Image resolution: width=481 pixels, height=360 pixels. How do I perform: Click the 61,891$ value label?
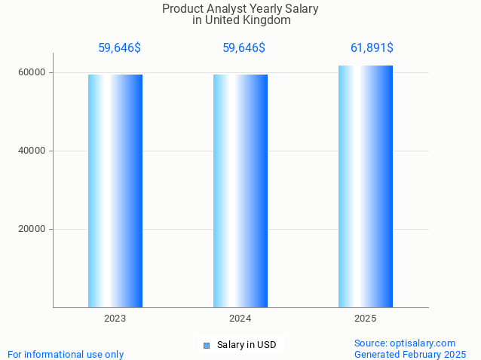pos(372,48)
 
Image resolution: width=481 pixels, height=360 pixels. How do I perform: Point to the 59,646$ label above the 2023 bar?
pos(119,48)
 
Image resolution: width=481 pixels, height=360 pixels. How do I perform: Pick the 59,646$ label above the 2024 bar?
pos(244,48)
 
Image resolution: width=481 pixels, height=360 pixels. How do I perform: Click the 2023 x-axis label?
pos(115,319)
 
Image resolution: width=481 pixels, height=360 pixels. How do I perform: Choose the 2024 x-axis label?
pos(240,319)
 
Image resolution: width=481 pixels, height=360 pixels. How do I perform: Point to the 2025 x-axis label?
pos(365,319)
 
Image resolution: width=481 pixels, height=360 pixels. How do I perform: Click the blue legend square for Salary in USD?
pos(206,346)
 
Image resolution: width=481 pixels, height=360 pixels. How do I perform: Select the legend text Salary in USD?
pos(247,346)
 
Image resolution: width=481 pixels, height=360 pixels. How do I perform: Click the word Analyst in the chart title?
pos(227,9)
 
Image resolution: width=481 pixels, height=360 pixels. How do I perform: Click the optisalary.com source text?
pos(405,343)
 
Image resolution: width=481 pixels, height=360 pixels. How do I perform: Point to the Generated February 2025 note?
pos(410,354)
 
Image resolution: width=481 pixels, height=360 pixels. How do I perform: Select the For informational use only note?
pos(66,354)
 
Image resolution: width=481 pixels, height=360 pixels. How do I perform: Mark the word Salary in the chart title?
pos(302,9)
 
